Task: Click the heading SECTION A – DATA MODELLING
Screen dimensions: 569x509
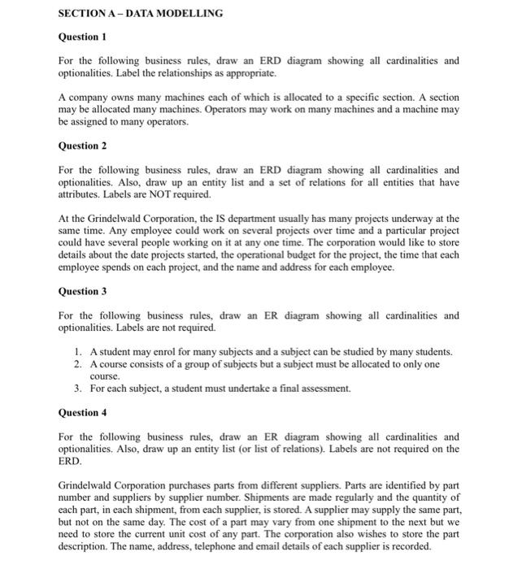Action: click(141, 14)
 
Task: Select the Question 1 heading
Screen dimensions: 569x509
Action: click(83, 37)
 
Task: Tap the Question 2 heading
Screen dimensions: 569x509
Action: click(83, 146)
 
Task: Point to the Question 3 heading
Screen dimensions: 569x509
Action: click(83, 291)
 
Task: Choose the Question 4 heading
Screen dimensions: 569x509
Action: click(83, 412)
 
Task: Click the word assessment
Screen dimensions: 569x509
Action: click(325, 389)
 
